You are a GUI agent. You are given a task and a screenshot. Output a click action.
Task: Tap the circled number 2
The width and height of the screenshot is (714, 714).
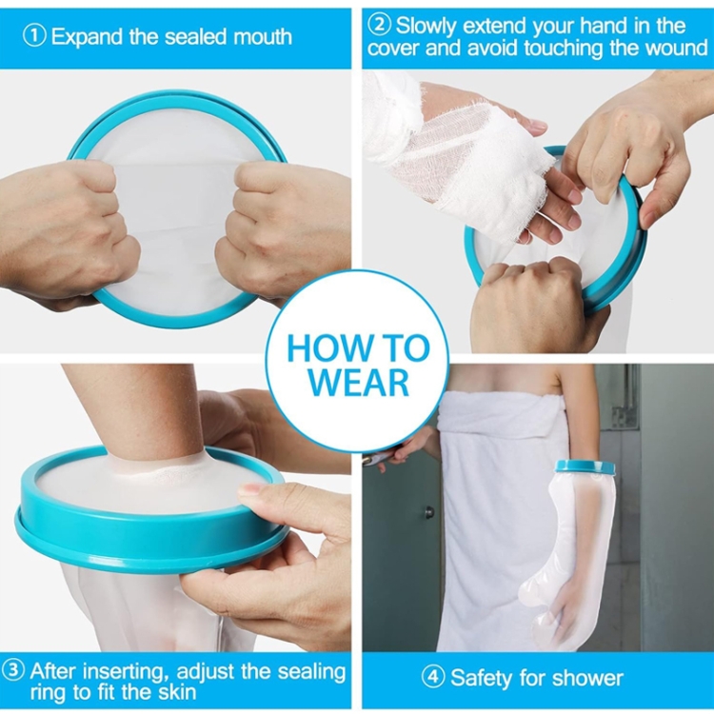380,25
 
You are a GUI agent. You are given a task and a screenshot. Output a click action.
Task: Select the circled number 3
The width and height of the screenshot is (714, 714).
14,670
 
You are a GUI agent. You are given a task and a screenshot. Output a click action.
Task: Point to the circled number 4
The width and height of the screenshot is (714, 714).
432,678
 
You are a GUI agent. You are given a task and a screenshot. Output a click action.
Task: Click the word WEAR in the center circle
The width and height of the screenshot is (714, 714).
357,382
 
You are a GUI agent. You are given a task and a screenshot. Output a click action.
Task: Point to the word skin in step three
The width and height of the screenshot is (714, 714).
176,692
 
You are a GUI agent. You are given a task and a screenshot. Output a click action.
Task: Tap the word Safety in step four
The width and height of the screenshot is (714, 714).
482,678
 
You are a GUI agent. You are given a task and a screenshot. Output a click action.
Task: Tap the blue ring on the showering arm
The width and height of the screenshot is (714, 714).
585,467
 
